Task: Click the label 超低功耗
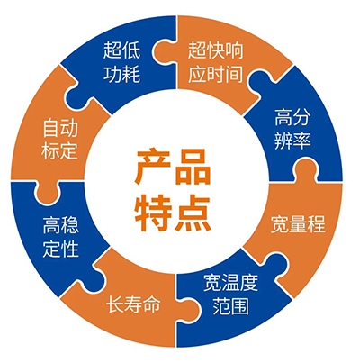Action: tap(121, 62)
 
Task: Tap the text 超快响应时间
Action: tap(215, 62)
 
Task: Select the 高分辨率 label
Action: tap(292, 129)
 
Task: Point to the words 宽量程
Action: tap(298, 223)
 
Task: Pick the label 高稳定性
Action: tap(61, 237)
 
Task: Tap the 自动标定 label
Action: tap(60, 140)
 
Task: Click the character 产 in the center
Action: tap(153, 167)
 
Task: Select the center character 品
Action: tap(193, 167)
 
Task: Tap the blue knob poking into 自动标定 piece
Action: tap(78, 95)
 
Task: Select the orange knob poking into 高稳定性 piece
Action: tap(46, 192)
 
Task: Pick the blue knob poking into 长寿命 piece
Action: tap(98, 274)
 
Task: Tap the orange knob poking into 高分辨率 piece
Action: tap(306, 169)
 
